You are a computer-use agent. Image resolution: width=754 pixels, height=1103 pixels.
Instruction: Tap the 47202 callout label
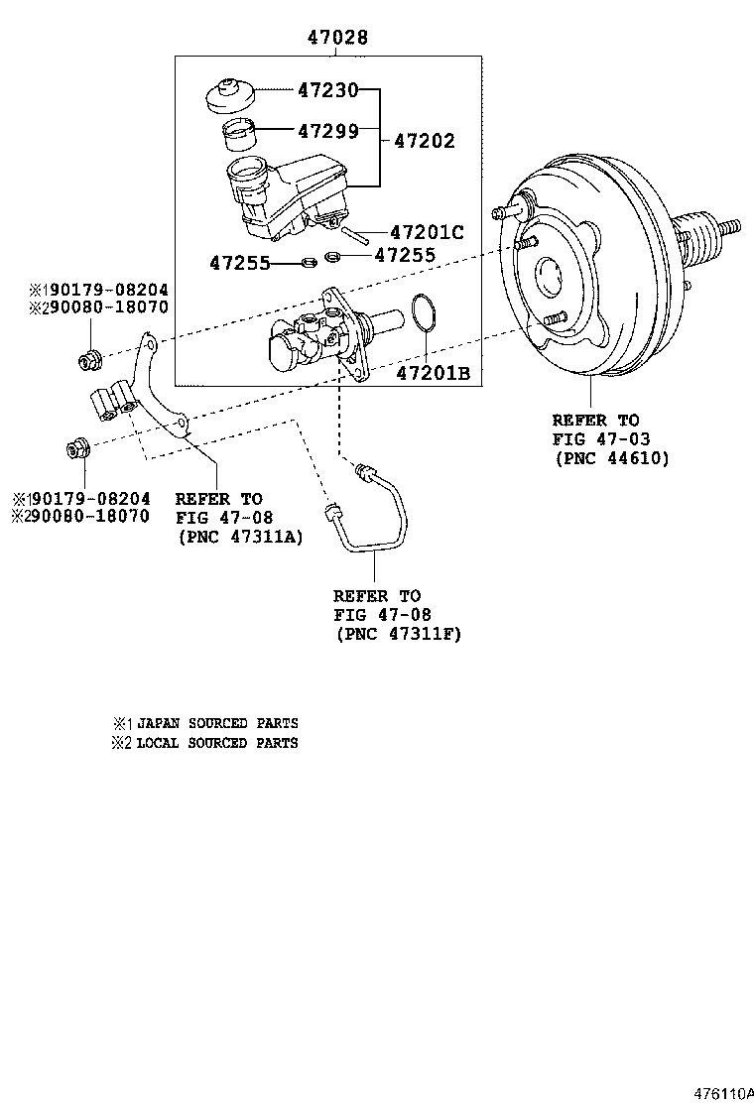[x=425, y=141]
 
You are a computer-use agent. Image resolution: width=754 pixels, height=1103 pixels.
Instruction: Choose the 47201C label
[x=427, y=233]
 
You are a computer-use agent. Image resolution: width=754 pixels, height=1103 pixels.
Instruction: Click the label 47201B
[x=433, y=373]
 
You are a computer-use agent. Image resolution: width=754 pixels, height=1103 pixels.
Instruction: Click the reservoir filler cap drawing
[x=230, y=95]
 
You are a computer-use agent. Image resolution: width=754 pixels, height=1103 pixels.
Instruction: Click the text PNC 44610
[x=611, y=458]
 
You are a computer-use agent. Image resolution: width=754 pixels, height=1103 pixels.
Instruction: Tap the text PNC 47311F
[x=398, y=633]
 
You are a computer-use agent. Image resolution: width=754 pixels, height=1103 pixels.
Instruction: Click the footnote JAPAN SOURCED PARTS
[x=216, y=723]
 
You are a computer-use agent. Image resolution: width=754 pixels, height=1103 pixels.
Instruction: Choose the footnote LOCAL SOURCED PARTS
[x=216, y=742]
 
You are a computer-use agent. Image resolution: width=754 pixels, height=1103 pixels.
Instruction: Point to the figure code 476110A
[x=723, y=1093]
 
